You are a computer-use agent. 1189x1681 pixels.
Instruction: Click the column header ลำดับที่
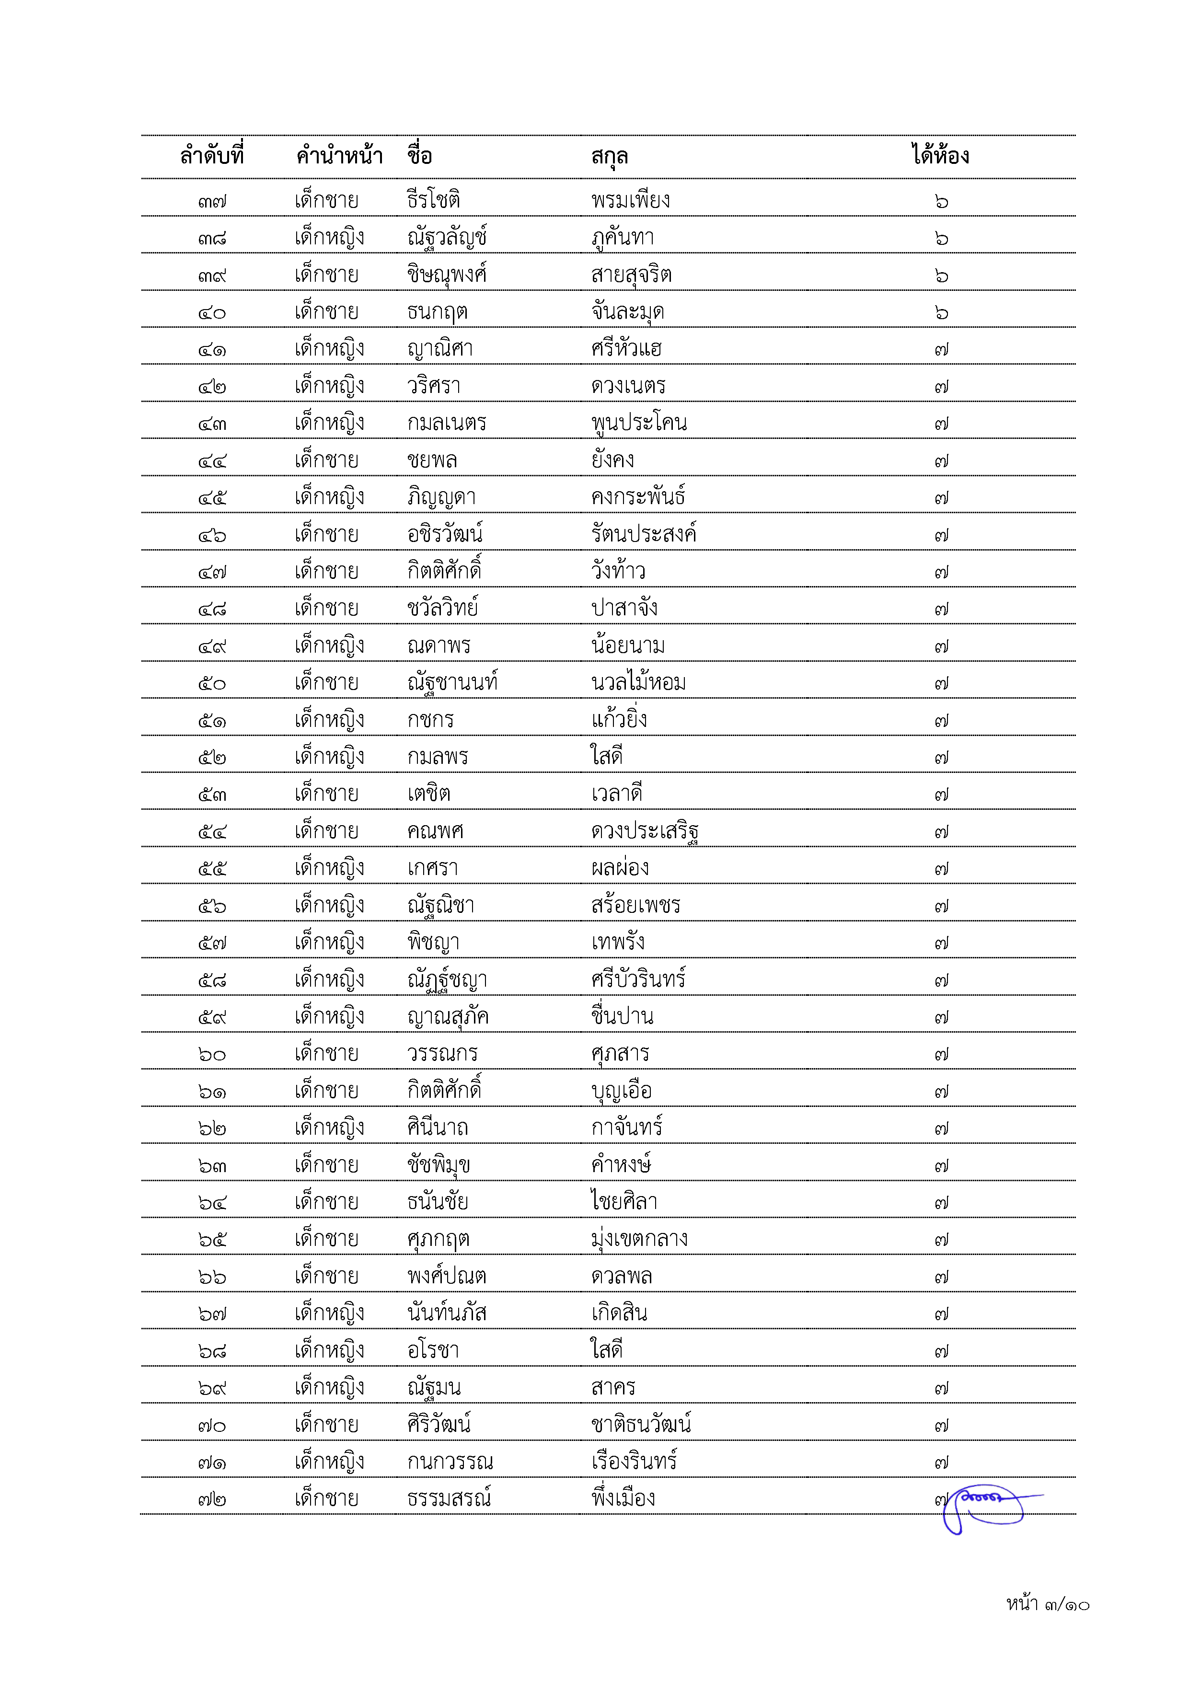[212, 156]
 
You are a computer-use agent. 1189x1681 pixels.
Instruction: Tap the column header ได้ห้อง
[940, 155]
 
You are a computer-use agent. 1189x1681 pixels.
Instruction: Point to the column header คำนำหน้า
[339, 156]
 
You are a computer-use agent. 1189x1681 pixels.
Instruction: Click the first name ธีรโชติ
[433, 200]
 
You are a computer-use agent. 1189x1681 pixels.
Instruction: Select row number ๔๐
[212, 312]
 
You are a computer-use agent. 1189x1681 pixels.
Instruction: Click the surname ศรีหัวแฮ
[626, 348]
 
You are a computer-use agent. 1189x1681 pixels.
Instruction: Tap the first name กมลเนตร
[447, 423]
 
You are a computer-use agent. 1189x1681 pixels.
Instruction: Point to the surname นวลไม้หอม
[638, 682]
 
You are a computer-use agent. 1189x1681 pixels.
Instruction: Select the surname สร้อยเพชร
[635, 905]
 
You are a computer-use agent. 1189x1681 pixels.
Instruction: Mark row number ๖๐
[212, 1054]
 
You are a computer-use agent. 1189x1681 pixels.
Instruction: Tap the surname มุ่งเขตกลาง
[639, 1239]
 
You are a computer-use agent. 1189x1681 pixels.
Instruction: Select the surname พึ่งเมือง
[623, 1498]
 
